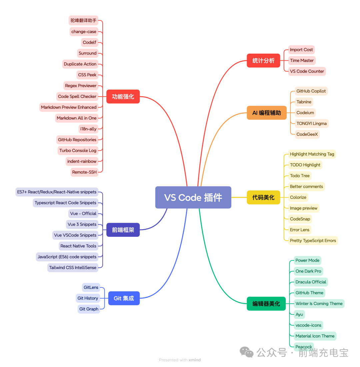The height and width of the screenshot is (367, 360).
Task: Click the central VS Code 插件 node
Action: (193, 197)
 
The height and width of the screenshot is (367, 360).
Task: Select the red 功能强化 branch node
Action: (123, 97)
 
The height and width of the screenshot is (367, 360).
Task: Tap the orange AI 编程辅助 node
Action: (267, 113)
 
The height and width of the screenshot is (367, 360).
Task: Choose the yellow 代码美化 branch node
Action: (263, 197)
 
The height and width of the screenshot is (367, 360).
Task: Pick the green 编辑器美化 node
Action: (266, 304)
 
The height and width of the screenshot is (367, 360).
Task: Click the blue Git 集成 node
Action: (124, 298)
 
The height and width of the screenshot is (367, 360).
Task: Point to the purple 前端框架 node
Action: (123, 230)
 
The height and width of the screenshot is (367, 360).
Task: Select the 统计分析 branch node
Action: (263, 61)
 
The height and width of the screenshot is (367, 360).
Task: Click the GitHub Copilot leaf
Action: (311, 91)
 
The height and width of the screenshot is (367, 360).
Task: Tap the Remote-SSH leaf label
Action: (84, 172)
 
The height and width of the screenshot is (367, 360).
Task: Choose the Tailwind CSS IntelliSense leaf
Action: (73, 267)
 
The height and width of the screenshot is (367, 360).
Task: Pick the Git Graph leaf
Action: (89, 309)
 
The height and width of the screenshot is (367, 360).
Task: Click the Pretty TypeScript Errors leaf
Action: (313, 240)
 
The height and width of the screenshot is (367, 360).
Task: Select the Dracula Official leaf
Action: (311, 282)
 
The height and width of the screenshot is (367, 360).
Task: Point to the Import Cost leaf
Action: (301, 50)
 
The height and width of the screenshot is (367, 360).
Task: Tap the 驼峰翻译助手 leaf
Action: (83, 21)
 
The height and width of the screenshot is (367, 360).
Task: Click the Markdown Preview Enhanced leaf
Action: (69, 107)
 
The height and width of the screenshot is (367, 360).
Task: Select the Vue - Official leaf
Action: (83, 213)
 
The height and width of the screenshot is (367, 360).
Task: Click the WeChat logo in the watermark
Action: (247, 352)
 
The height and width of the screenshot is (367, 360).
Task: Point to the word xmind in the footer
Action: (195, 360)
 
